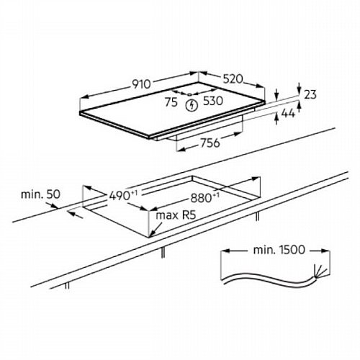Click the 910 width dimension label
pyautogui.click(x=142, y=84)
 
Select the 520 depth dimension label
pyautogui.click(x=233, y=79)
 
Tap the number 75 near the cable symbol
pyautogui.click(x=171, y=102)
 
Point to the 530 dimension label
pyautogui.click(x=213, y=101)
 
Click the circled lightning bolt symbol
pyautogui.click(x=192, y=105)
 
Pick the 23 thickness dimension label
pyautogui.click(x=310, y=94)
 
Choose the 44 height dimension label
pyautogui.click(x=288, y=113)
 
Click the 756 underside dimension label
pyautogui.click(x=210, y=143)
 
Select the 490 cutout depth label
pyautogui.click(x=120, y=196)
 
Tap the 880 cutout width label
pyautogui.click(x=201, y=198)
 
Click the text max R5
pyautogui.click(x=176, y=215)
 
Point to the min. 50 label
pyautogui.click(x=40, y=194)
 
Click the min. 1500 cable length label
pyautogui.click(x=279, y=250)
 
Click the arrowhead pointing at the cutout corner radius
pyautogui.click(x=152, y=233)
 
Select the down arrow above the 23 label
pyautogui.click(x=299, y=89)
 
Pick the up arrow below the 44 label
pyautogui.click(x=276, y=119)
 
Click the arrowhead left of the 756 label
pyautogui.click(x=182, y=149)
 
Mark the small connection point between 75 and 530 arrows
pyautogui.click(x=189, y=94)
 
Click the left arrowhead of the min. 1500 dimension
pyautogui.click(x=225, y=251)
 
